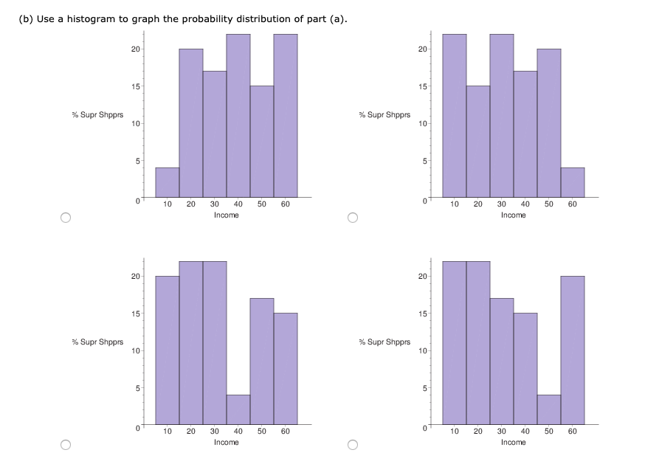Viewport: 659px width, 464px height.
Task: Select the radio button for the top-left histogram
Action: point(66,218)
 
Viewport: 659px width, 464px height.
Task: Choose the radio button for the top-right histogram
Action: point(353,218)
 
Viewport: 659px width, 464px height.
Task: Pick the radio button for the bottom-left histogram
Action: point(66,445)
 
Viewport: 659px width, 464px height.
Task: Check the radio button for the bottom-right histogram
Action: point(353,445)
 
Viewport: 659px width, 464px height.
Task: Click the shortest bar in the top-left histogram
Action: point(168,183)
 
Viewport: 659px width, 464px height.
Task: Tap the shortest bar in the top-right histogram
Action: point(572,183)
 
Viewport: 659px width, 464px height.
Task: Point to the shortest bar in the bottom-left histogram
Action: point(238,410)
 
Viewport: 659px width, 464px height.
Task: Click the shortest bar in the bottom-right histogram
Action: point(548,410)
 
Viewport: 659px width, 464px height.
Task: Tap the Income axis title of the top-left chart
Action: point(226,215)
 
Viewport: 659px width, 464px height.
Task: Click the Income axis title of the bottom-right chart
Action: point(513,443)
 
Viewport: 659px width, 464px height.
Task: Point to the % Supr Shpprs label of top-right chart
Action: point(384,115)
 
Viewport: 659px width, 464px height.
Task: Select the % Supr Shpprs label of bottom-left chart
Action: point(97,342)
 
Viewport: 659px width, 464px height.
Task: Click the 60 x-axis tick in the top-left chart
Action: point(285,204)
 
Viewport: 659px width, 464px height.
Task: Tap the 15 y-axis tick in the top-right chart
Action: point(422,87)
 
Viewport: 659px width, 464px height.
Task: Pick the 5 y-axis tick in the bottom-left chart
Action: point(135,388)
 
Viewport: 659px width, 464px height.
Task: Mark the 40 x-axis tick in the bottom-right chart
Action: point(525,432)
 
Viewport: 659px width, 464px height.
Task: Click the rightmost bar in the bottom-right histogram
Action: point(572,350)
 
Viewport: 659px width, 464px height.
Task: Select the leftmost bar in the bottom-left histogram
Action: point(168,350)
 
